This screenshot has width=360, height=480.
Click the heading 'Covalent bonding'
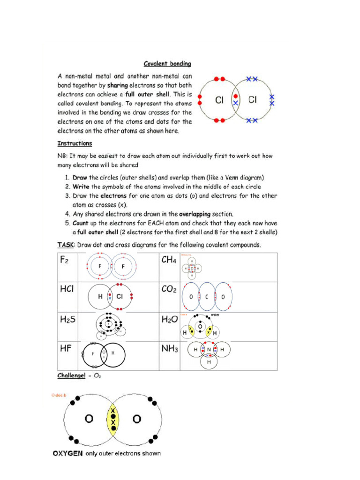pos(167,64)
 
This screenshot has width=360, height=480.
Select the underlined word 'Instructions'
pos(75,143)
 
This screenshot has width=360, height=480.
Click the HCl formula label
pos(67,289)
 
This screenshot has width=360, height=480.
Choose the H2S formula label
pos(67,319)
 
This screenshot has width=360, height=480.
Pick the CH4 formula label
pos(169,260)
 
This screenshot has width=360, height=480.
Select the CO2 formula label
pos(169,289)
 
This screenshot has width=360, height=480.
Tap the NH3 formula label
pos(169,349)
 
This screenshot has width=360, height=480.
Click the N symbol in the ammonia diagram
pos(209,350)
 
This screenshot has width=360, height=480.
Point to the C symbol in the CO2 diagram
pos(206,297)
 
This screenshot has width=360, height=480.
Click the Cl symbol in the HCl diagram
pos(120,296)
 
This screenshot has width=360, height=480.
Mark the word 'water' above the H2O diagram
pos(215,315)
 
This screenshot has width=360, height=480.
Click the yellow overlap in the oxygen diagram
pos(113,419)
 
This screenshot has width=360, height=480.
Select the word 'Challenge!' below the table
pos(71,376)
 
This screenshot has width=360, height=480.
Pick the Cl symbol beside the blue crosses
pos(252,99)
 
